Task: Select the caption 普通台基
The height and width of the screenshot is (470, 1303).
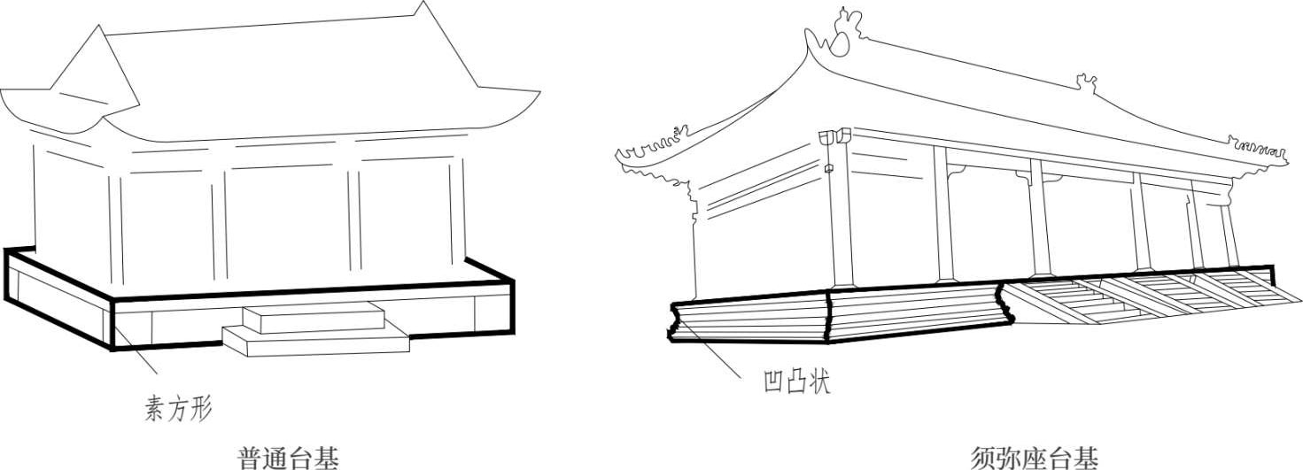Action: [289, 458]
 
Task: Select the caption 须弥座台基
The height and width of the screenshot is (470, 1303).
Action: [1034, 458]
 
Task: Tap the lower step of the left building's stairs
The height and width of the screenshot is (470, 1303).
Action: [315, 340]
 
